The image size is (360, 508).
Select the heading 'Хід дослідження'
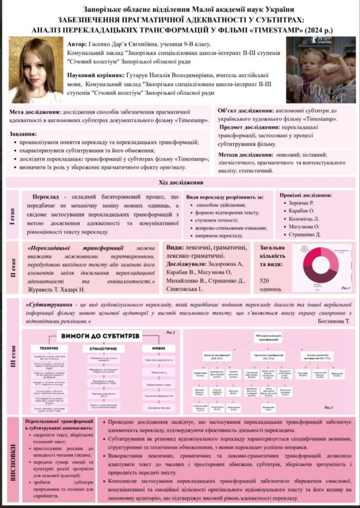[180, 183]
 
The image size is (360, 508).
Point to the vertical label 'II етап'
[12, 268]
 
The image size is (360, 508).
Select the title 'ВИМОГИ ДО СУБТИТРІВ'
[101, 336]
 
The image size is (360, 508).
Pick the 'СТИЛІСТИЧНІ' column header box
[101, 349]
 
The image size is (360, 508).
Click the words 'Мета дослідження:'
[34, 112]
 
